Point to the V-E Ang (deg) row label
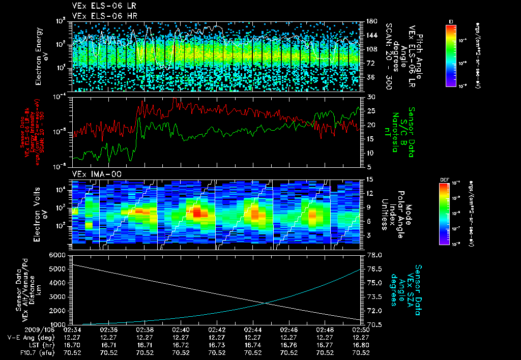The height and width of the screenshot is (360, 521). click(31, 337)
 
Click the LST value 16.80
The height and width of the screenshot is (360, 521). click(361, 345)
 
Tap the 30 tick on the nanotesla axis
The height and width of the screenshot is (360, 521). click(370, 97)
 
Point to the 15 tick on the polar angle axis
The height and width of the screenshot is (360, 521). click(369, 179)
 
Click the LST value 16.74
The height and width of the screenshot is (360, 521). click(253, 345)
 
